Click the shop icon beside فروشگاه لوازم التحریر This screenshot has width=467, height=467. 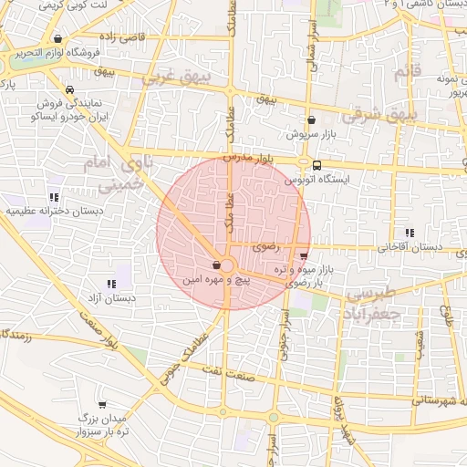(x=59, y=39)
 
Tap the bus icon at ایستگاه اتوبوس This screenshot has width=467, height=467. (x=317, y=165)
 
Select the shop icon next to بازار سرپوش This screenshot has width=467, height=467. (x=312, y=119)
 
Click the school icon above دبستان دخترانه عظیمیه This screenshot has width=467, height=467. (x=55, y=196)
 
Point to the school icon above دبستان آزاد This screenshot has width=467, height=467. (x=111, y=284)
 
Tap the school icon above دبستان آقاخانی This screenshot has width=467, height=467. (x=410, y=233)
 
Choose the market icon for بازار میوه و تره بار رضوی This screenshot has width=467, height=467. (x=303, y=255)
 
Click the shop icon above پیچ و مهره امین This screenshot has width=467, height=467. (x=215, y=265)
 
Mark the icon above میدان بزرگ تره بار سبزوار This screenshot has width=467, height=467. (x=102, y=404)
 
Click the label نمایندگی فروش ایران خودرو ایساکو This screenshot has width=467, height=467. (x=59, y=111)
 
